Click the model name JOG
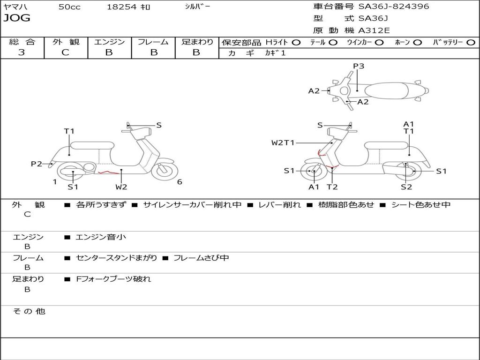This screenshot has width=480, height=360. tap(17, 18)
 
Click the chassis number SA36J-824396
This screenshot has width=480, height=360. tap(394, 6)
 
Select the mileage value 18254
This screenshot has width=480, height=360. tap(121, 7)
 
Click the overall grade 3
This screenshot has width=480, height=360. tap(22, 52)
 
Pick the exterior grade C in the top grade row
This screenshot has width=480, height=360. tap(66, 52)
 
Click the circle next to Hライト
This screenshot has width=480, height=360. tap(296, 43)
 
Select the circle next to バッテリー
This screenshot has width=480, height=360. tap(471, 43)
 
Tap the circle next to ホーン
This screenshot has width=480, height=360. tap(417, 43)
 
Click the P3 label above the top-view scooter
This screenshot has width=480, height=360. tap(359, 66)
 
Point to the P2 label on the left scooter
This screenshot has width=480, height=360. tap(37, 164)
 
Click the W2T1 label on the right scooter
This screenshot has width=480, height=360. tap(283, 142)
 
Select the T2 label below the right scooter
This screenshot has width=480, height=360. tap(332, 187)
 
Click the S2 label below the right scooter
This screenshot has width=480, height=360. tap(406, 187)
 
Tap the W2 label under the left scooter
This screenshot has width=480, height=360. tap(121, 187)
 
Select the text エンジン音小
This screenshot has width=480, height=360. tap(101, 237)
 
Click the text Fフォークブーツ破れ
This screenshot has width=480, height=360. tap(113, 279)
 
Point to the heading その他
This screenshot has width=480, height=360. tap(29, 311)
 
